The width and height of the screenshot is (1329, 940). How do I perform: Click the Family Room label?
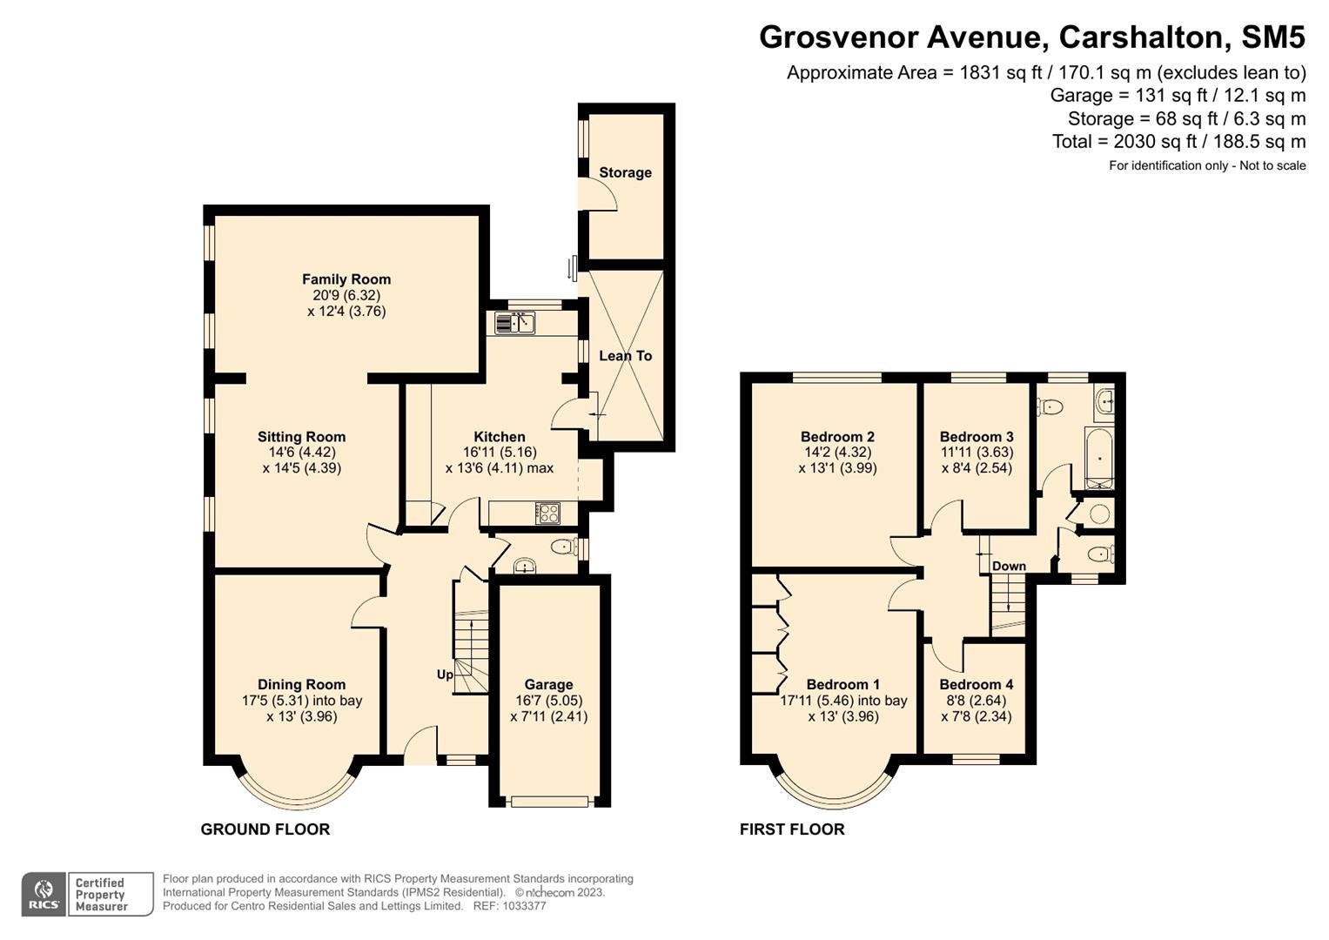[x=346, y=279]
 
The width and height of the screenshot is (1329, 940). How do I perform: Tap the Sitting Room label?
[x=301, y=437]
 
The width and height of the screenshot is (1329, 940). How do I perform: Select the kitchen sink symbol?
[x=515, y=324]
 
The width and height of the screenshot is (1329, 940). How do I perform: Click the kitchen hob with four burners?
[x=547, y=513]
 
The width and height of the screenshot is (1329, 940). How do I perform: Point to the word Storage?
[x=626, y=172]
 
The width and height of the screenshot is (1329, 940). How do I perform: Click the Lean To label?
[x=626, y=355]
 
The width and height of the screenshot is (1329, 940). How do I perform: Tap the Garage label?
[x=549, y=685]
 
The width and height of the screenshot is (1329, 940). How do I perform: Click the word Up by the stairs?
[x=445, y=675]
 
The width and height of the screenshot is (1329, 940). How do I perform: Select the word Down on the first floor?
[x=1010, y=566]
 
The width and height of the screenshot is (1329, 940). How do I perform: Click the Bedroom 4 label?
[x=976, y=684]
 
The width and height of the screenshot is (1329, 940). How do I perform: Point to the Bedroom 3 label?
[x=977, y=437]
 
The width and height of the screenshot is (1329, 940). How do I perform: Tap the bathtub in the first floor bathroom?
[x=1099, y=458]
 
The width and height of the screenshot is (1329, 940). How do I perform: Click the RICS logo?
[x=44, y=895]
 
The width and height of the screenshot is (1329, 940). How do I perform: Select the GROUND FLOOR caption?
[x=265, y=829]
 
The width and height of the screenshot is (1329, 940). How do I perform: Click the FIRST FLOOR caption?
[x=792, y=829]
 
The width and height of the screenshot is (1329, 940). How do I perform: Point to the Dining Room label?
[x=301, y=684]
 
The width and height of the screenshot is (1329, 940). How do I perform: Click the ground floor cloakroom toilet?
[x=564, y=547]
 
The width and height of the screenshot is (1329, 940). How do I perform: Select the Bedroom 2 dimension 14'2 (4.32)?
[x=838, y=453]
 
